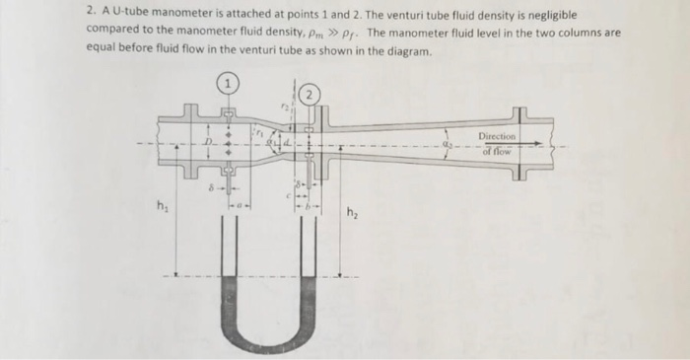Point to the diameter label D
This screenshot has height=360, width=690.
pos(208,145)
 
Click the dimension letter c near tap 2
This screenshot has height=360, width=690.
pos(289,193)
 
